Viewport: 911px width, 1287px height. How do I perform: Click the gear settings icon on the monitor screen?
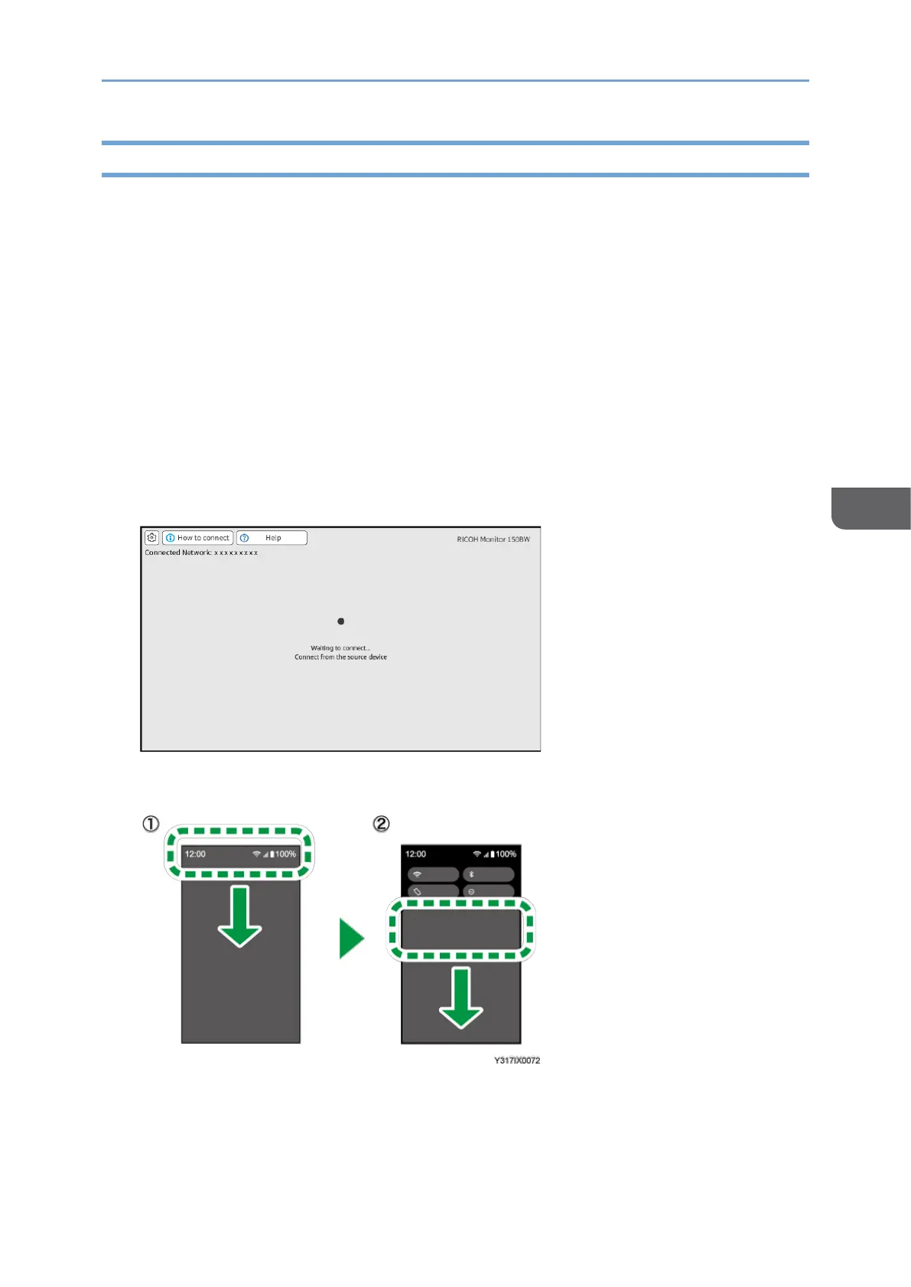[x=151, y=538]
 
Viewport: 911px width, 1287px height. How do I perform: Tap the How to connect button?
[x=197, y=538]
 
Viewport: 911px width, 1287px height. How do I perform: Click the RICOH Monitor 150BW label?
[x=493, y=540]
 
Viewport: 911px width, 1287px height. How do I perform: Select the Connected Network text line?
[x=201, y=553]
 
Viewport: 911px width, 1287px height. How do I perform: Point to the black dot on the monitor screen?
[x=340, y=621]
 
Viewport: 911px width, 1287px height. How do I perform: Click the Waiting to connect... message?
[x=340, y=648]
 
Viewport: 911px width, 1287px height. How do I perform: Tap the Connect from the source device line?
[x=340, y=657]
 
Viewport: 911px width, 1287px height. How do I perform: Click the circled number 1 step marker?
[x=151, y=824]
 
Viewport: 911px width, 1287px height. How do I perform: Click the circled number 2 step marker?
[x=380, y=824]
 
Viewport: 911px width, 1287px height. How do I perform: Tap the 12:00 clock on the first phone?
[x=195, y=854]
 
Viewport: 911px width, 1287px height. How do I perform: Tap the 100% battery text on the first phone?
[x=285, y=854]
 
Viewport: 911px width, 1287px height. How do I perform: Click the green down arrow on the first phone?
[x=239, y=917]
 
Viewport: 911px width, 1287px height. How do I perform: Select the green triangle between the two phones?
[x=351, y=939]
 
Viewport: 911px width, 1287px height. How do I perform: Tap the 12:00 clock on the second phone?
[x=416, y=854]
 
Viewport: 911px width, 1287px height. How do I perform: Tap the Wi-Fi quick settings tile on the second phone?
[x=433, y=874]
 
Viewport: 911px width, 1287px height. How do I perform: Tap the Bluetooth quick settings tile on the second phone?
[x=489, y=874]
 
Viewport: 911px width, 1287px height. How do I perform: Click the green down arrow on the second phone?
[x=460, y=998]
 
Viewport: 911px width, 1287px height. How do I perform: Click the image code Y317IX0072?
[x=516, y=1061]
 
